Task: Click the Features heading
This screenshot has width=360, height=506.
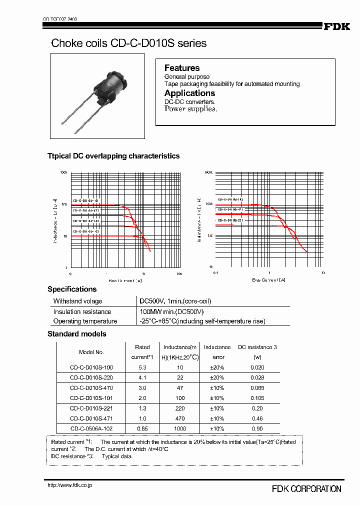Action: [182, 68]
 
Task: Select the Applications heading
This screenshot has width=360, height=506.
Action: [189, 93]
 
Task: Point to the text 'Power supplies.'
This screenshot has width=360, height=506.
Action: [190, 109]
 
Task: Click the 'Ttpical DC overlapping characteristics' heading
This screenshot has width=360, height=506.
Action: [113, 156]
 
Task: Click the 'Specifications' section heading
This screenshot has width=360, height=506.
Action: [72, 289]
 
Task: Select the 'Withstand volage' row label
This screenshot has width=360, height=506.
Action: [77, 301]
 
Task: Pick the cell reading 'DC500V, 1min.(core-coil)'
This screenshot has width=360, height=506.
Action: [175, 301]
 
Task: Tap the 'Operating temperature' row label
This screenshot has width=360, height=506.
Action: [85, 321]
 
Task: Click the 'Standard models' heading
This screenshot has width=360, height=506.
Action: [76, 333]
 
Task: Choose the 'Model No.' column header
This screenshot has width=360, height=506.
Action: [91, 352]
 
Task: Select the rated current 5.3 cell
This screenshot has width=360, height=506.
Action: [142, 367]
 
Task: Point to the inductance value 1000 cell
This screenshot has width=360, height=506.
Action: [180, 428]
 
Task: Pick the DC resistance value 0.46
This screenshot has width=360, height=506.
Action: [257, 418]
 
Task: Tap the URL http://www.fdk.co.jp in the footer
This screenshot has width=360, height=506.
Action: [69, 485]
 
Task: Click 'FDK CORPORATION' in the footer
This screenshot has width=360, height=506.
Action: [306, 489]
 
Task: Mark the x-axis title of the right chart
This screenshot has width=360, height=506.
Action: [268, 280]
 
